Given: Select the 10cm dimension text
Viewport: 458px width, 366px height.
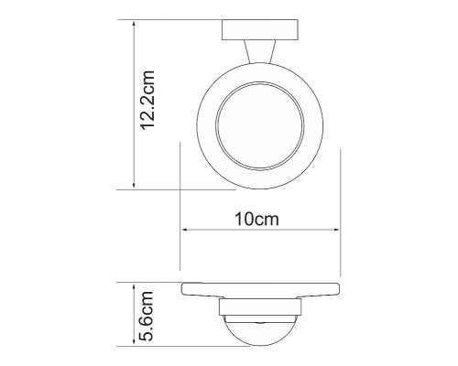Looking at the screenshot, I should pyautogui.click(x=259, y=220).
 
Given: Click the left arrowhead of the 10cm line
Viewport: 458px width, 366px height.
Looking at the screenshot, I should pyautogui.click(x=184, y=231).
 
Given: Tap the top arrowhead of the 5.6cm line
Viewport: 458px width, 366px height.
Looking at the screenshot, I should pyautogui.click(x=134, y=285).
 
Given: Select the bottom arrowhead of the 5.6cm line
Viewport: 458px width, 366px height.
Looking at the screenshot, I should pyautogui.click(x=134, y=347).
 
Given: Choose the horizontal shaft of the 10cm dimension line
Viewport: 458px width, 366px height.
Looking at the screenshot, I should pyautogui.click(x=261, y=231).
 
